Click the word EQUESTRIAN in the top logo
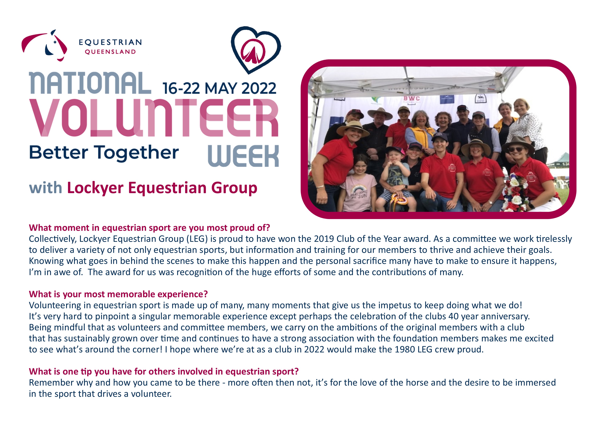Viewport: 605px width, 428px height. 110,42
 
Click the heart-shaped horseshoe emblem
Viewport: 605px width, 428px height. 255,50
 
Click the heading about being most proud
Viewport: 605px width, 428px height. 149,228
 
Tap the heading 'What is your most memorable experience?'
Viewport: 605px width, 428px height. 118,294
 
